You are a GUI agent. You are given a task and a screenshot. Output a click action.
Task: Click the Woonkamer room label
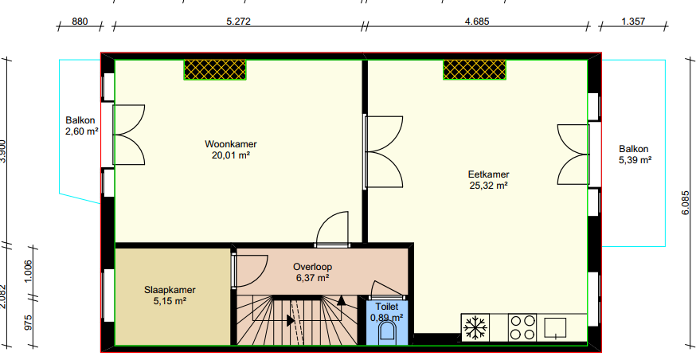[231, 144]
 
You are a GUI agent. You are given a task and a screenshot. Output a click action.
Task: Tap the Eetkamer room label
[489, 174]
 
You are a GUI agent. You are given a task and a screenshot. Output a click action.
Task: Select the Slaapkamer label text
[170, 290]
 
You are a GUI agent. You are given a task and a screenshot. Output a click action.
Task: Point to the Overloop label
[312, 268]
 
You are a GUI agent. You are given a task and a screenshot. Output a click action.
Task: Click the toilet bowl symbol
[387, 332]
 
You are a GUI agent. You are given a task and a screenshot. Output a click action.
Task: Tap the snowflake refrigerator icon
[475, 328]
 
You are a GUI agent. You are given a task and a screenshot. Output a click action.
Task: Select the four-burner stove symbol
[522, 327]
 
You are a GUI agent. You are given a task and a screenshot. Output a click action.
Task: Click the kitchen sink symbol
[555, 328]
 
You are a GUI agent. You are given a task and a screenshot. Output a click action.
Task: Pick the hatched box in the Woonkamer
[215, 70]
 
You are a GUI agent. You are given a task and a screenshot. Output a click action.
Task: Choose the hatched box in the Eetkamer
[475, 70]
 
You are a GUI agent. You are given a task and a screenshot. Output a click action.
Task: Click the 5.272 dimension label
[238, 22]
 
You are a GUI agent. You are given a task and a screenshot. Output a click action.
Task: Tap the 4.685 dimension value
[477, 22]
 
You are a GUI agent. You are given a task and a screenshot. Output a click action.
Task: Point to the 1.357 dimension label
[633, 22]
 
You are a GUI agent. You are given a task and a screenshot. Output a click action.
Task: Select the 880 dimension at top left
[80, 22]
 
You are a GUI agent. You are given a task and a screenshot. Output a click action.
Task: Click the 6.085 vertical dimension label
[686, 203]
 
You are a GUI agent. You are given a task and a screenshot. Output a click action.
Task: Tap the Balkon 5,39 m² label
[635, 155]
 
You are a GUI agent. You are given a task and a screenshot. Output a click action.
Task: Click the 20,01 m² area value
[231, 155]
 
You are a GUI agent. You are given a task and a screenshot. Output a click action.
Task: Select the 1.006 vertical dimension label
[29, 271]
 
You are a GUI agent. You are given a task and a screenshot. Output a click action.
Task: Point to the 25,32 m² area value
[489, 186]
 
